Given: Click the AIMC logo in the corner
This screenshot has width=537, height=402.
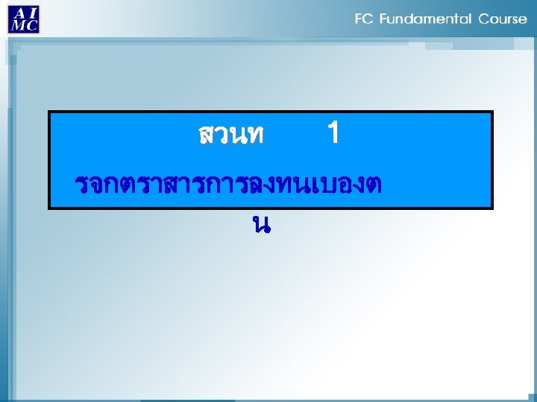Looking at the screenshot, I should (x=24, y=18).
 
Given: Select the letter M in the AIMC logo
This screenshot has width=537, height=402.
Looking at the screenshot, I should (x=16, y=25).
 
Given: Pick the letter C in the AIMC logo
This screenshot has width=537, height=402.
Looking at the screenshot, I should (x=31, y=25).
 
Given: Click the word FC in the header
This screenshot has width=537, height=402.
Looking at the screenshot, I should (x=363, y=19).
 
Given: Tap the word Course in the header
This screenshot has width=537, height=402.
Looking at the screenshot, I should (x=503, y=19).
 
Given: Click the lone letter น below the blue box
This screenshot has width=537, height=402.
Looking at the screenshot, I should (x=260, y=223).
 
